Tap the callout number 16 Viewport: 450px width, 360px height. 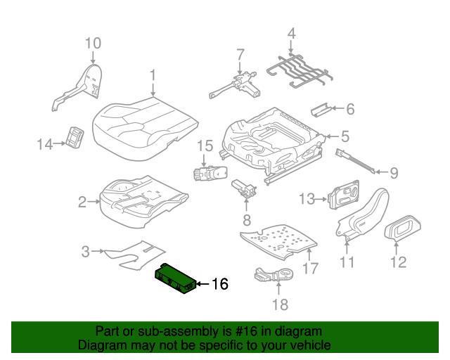[x=219, y=284]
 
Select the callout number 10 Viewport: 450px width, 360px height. [x=94, y=44]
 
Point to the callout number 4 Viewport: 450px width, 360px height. [x=292, y=33]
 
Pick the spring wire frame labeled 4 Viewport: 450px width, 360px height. [x=298, y=68]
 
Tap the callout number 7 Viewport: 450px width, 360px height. [x=240, y=54]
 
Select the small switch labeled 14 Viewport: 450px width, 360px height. [x=75, y=138]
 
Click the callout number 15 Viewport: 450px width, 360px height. [x=204, y=146]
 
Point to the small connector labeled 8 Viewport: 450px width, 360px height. [x=244, y=188]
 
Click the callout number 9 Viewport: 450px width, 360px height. [x=394, y=172]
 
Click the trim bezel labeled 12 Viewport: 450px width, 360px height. [x=403, y=228]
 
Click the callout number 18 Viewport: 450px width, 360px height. [x=281, y=304]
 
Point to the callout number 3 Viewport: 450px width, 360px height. [x=86, y=251]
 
